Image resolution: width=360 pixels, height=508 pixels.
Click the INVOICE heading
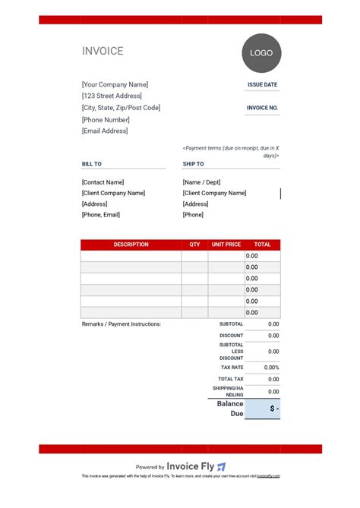pyautogui.click(x=103, y=52)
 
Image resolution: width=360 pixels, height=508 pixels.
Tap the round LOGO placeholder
pyautogui.click(x=261, y=54)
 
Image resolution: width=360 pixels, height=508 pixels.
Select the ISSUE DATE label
pyautogui.click(x=262, y=85)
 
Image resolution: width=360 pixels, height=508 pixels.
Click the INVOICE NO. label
pyautogui.click(x=262, y=108)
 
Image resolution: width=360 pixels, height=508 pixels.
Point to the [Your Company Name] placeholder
pyautogui.click(x=115, y=84)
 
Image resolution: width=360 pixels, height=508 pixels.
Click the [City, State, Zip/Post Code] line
pyautogui.click(x=121, y=108)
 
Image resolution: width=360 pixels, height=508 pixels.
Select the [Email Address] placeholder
pyautogui.click(x=105, y=131)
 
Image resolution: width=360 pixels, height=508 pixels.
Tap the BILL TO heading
pyautogui.click(x=92, y=164)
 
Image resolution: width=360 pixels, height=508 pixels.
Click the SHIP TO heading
pyautogui.click(x=193, y=164)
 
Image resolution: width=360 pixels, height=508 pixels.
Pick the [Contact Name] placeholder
pyautogui.click(x=103, y=182)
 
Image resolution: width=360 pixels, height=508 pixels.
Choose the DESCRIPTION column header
pyautogui.click(x=131, y=245)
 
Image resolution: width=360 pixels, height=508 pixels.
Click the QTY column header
pyautogui.click(x=194, y=245)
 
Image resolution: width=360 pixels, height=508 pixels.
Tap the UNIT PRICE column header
pyautogui.click(x=226, y=245)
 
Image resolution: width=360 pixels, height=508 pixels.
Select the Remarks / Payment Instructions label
pyautogui.click(x=122, y=324)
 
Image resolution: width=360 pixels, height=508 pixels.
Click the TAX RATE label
pyautogui.click(x=232, y=368)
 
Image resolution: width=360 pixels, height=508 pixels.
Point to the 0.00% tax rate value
pyautogui.click(x=271, y=368)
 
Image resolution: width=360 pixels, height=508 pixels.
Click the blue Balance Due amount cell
pyautogui.click(x=263, y=409)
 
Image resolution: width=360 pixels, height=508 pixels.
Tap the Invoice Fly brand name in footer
pyautogui.click(x=190, y=467)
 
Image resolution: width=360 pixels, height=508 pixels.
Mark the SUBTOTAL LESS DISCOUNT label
pyautogui.click(x=232, y=352)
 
